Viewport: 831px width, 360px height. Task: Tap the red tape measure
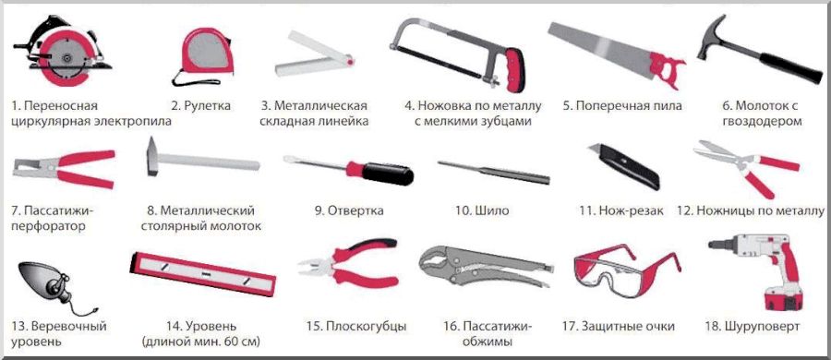pos(206,53)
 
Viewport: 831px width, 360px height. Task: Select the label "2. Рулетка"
pos(200,105)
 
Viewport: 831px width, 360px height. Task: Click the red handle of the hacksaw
pos(514,70)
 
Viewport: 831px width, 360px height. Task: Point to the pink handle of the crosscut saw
pos(666,69)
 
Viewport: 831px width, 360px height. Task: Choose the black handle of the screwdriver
pos(388,173)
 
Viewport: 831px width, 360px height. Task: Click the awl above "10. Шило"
pos(493,172)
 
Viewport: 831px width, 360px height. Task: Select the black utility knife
pos(625,167)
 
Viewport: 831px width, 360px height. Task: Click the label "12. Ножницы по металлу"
pos(751,211)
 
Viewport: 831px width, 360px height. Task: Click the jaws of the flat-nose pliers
pos(316,266)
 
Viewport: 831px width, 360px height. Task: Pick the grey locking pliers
pos(486,266)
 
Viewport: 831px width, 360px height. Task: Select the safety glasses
pos(625,270)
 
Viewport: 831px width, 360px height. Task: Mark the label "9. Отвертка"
pos(349,211)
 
